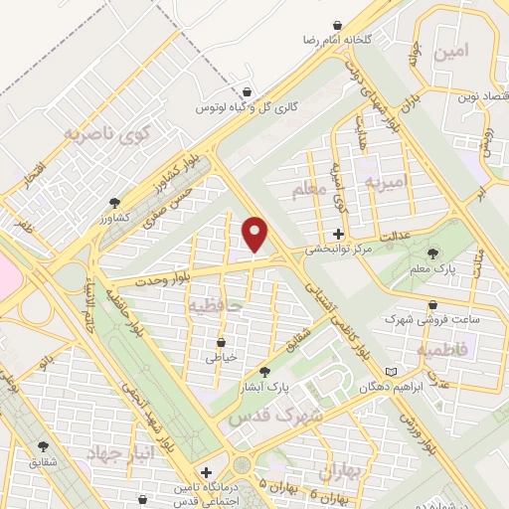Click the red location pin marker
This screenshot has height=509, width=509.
click(256, 234)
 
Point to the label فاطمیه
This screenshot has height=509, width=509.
click(446, 350)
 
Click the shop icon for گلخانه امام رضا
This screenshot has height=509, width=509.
click(340, 24)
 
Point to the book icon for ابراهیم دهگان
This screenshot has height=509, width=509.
click(391, 371)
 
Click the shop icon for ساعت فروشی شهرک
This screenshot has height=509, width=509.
click(431, 305)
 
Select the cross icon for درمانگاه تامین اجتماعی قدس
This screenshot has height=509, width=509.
click(205, 473)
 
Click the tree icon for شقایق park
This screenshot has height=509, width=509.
click(43, 446)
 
